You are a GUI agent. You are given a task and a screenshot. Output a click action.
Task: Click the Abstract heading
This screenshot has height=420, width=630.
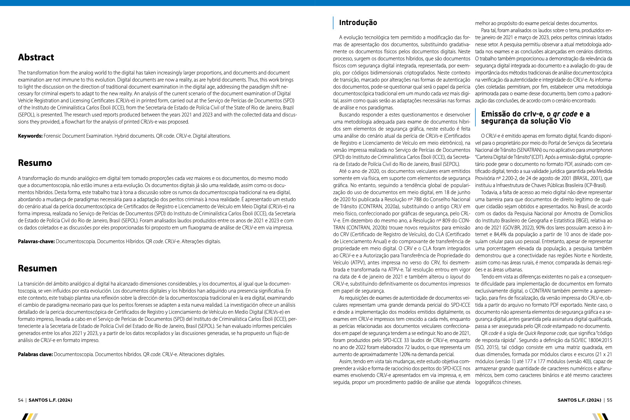coord(36,58)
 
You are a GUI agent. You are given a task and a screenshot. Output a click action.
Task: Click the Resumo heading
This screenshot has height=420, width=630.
coord(35,163)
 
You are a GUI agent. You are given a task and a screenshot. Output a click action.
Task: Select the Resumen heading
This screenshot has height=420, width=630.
coord(37,269)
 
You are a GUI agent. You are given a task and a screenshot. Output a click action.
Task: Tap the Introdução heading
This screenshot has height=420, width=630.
coord(358,23)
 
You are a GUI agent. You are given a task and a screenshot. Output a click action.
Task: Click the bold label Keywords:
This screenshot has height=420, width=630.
coord(30,136)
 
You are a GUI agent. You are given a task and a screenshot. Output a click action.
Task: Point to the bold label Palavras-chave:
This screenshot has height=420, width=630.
coord(36,241)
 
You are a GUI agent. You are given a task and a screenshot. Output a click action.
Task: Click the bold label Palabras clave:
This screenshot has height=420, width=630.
coord(35,354)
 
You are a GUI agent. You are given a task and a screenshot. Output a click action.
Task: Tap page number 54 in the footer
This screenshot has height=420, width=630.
coord(20,400)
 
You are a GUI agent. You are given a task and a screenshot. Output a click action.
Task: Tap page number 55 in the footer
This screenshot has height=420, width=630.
coord(610,400)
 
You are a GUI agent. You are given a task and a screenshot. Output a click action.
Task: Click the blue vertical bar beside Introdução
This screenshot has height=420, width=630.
coord(333,23)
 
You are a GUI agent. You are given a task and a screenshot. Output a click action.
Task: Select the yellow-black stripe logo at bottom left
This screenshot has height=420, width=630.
coord(30,416)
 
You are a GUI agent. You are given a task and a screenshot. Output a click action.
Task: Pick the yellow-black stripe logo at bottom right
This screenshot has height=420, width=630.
coord(600,416)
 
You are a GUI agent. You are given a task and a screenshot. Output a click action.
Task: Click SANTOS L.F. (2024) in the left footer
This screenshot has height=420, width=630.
coord(50,400)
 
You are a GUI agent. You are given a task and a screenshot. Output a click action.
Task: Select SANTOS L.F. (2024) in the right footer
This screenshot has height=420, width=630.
coord(579,400)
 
